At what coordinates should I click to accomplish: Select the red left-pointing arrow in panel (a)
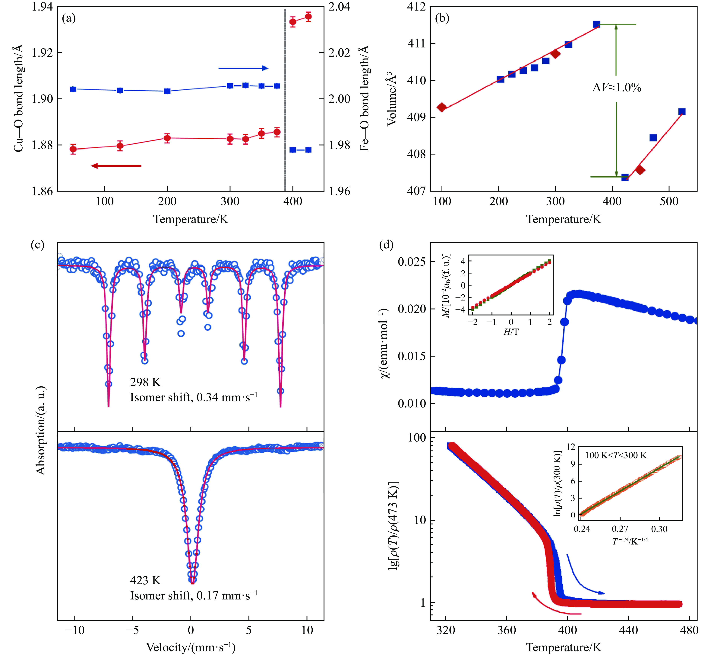pyautogui.click(x=116, y=165)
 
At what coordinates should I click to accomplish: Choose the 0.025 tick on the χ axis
pyautogui.click(x=411, y=262)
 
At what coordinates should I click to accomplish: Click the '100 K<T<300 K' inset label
pyautogui.click(x=616, y=455)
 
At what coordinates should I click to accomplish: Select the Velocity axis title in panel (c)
pyautogui.click(x=191, y=647)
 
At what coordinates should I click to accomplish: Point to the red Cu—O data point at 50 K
pyautogui.click(x=73, y=149)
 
